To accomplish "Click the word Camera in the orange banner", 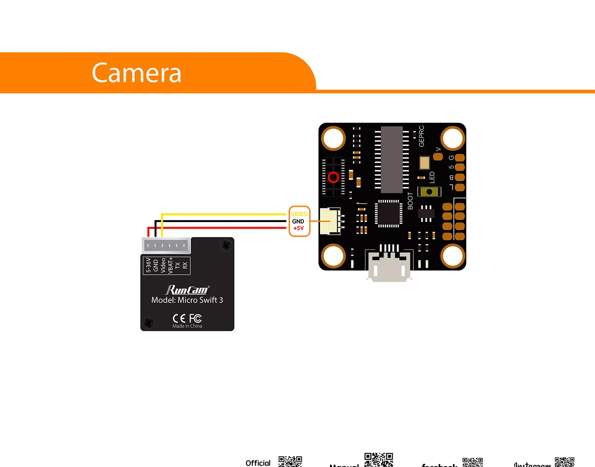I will (136, 73).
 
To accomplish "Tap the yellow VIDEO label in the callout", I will (299, 214).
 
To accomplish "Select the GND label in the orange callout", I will (298, 221).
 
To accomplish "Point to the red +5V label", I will (298, 228).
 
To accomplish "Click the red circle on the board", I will (333, 177).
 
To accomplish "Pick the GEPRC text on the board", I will (421, 136).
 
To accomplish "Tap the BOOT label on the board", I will (410, 201).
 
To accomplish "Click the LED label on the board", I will (432, 177).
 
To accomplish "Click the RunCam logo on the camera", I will (187, 290).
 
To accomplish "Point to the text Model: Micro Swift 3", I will (187, 300).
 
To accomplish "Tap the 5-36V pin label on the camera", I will (148, 265).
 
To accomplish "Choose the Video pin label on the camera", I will (163, 265).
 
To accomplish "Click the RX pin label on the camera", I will (185, 265).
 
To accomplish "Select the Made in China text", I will (187, 326).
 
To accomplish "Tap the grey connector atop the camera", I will (166, 245).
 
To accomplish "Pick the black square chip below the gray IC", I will (388, 214).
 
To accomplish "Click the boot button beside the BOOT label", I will (429, 192).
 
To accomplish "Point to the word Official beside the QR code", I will (258, 463).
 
